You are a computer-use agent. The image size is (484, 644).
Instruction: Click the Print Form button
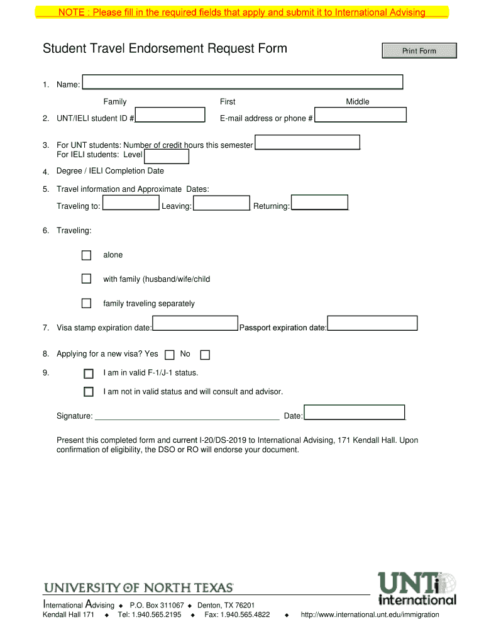pyautogui.click(x=419, y=51)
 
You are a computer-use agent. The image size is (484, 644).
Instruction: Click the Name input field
pyautogui.click(x=243, y=82)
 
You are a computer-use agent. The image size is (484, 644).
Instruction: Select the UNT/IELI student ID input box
pyautogui.click(x=170, y=115)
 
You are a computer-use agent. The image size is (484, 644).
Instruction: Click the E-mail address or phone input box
pyautogui.click(x=360, y=115)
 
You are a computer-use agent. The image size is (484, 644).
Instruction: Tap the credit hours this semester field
pyautogui.click(x=307, y=143)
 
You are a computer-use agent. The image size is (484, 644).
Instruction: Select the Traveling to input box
pyautogui.click(x=131, y=203)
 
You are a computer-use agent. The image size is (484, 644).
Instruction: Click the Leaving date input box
pyautogui.click(x=221, y=203)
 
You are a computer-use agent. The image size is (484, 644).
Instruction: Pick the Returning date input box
pyautogui.click(x=319, y=202)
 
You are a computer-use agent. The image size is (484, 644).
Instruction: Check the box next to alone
pyautogui.click(x=87, y=255)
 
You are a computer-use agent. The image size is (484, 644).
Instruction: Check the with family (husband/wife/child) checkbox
pyautogui.click(x=87, y=279)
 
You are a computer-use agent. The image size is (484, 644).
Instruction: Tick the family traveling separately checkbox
pyautogui.click(x=87, y=303)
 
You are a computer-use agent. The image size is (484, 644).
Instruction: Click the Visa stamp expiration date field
pyautogui.click(x=195, y=323)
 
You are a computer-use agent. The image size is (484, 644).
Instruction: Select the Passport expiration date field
pyautogui.click(x=372, y=323)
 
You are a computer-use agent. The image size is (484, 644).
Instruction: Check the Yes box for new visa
pyautogui.click(x=170, y=355)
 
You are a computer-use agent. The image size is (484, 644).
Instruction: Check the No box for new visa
pyautogui.click(x=205, y=355)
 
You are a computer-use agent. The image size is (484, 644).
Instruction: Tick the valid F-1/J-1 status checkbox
pyautogui.click(x=89, y=373)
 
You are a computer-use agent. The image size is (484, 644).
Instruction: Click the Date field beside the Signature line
pyautogui.click(x=355, y=412)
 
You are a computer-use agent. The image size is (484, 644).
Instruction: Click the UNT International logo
pyautogui.click(x=417, y=588)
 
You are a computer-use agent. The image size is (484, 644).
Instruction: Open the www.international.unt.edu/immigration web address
pyautogui.click(x=370, y=614)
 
